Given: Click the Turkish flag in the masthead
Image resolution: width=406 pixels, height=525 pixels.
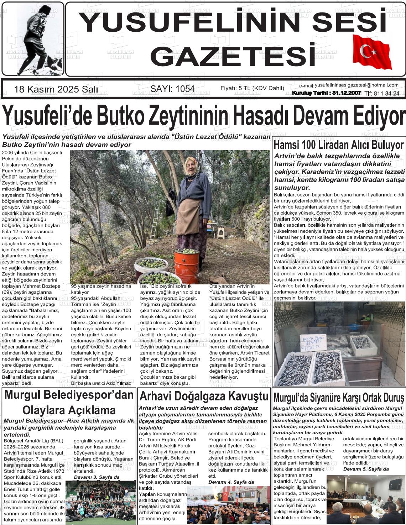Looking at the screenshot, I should pos(371,53).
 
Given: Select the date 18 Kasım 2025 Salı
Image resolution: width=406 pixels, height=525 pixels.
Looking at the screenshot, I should pos(56,89).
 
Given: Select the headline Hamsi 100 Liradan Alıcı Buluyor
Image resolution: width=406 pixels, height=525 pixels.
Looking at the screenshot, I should pos(338,145).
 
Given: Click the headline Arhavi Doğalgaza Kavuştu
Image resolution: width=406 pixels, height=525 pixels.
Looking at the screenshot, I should pos(204,396).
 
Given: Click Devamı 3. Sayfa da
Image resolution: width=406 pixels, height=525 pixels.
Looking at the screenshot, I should pos(97,477).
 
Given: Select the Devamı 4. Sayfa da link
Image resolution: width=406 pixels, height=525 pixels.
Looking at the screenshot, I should pos(231,482).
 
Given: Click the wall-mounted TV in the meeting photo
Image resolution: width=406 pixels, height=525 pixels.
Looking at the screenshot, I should pos(394,484).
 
